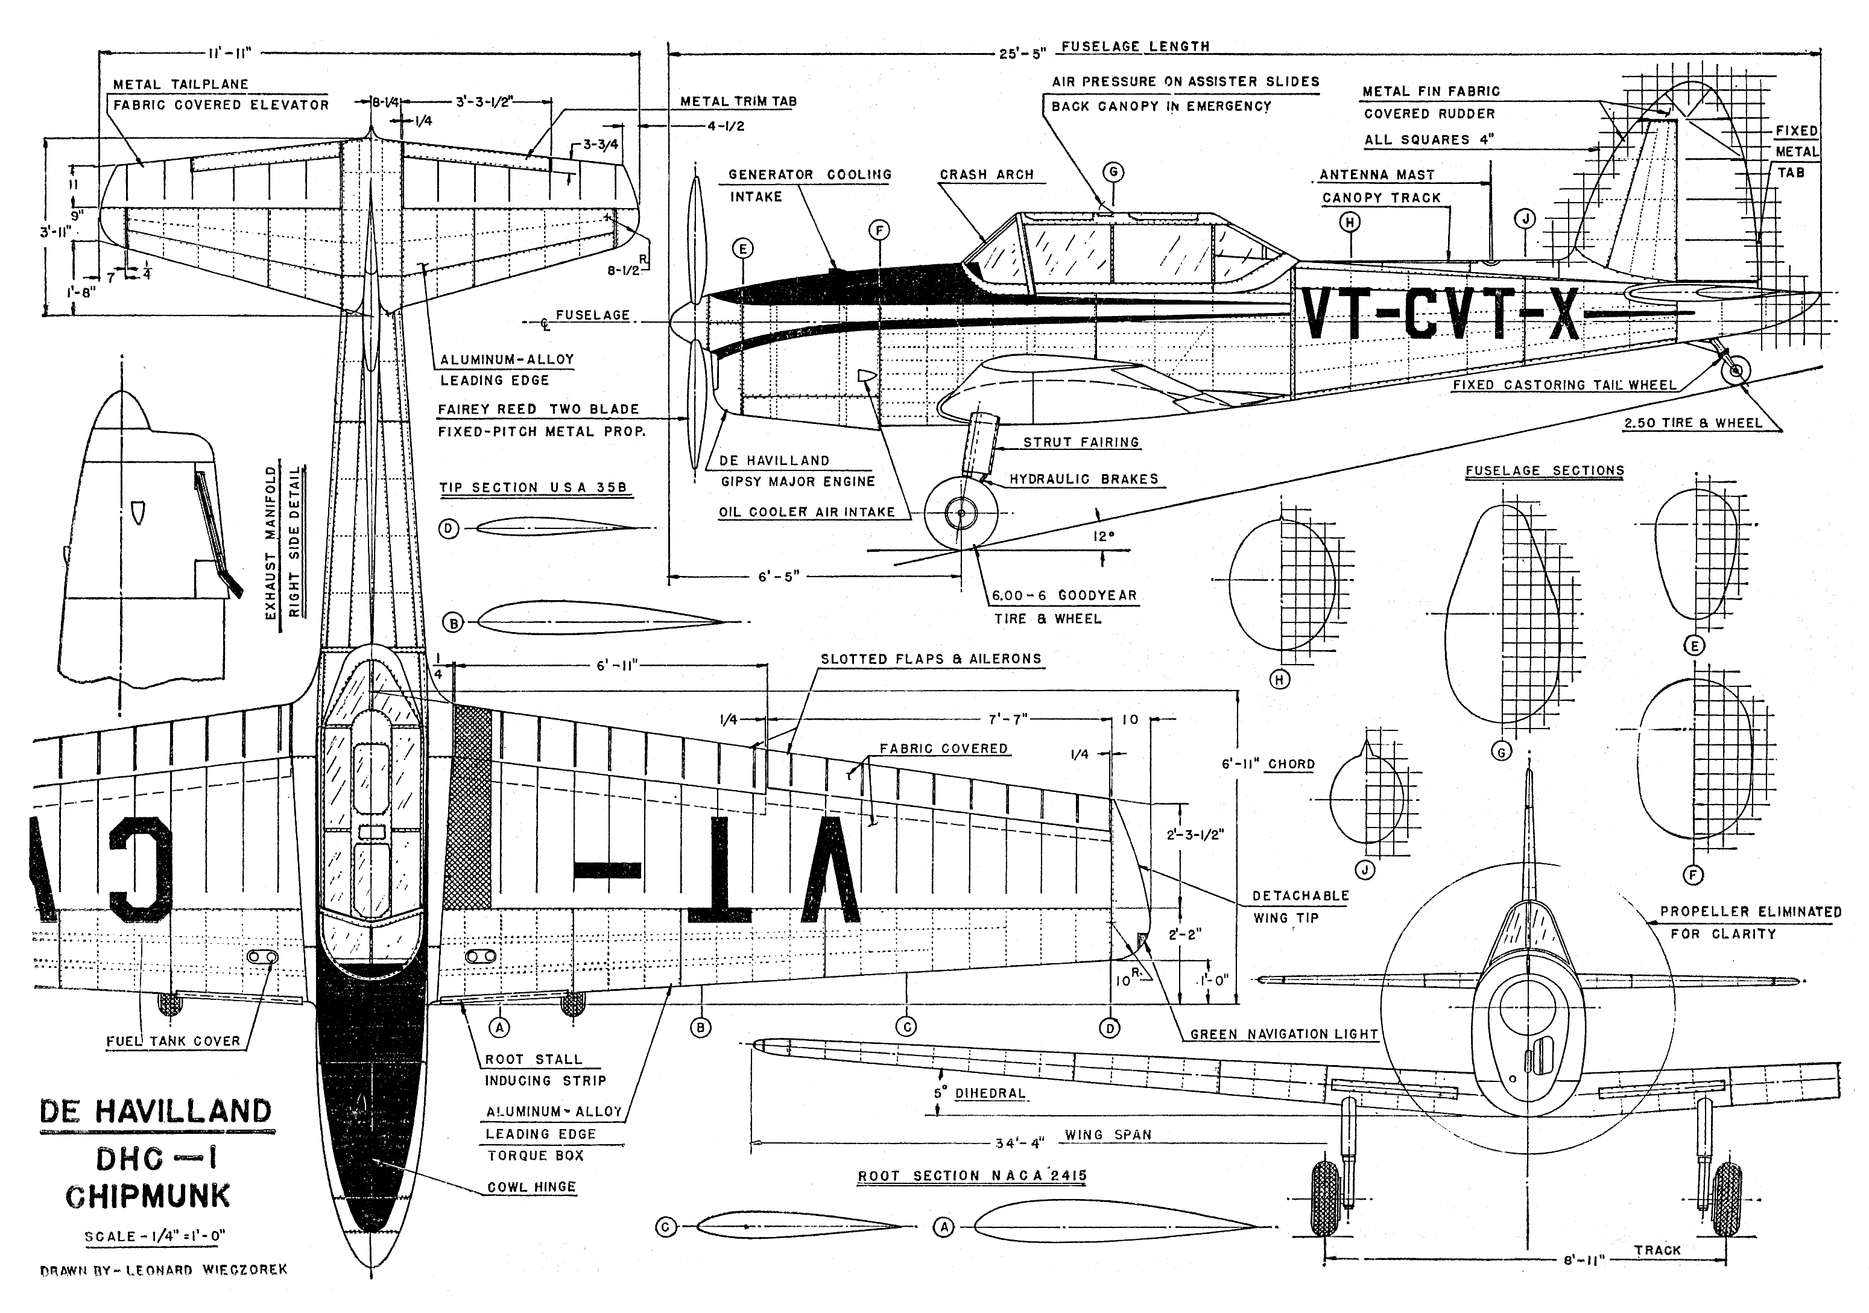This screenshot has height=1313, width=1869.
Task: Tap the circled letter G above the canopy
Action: [x=1113, y=172]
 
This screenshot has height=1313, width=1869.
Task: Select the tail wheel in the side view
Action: [x=1736, y=370]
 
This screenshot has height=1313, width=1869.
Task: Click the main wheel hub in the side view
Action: [x=961, y=513]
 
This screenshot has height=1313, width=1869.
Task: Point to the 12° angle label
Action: [x=1103, y=536]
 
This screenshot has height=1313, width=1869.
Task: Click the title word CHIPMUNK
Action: [x=148, y=1196]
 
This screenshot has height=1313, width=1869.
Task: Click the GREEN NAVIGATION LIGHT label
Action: [x=1284, y=1034]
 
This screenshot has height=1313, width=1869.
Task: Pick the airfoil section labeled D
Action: [x=558, y=528]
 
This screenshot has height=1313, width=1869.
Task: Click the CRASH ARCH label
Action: [x=987, y=175]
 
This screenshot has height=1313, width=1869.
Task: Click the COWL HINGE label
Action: [x=531, y=1187]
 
